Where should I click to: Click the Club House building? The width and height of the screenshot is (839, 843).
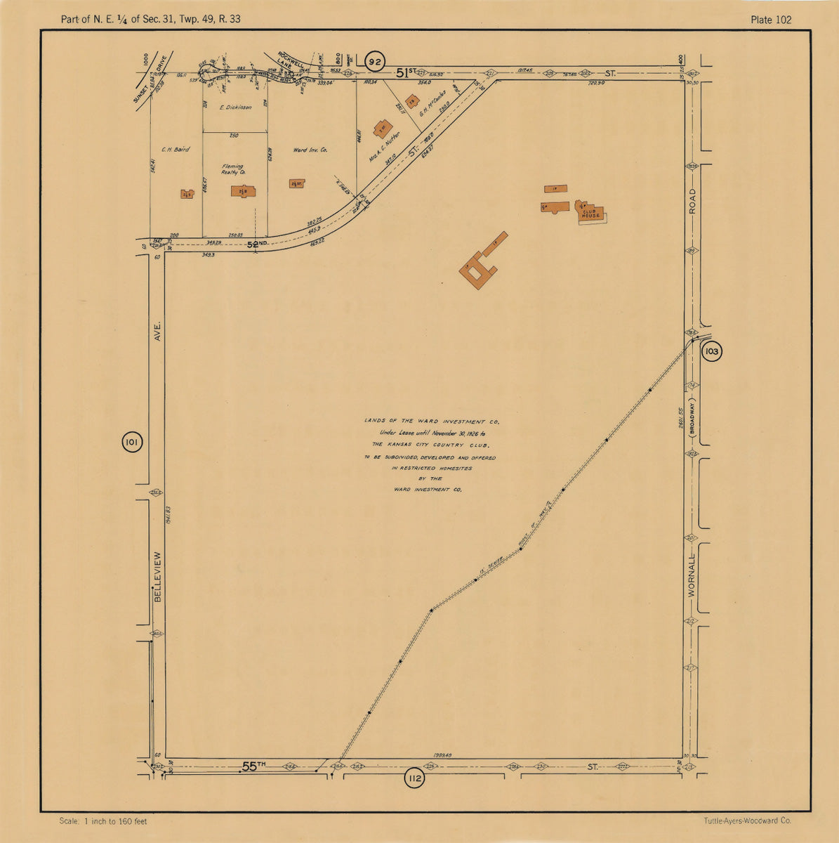pyautogui.click(x=590, y=212)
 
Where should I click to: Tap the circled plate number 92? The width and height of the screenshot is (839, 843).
pyautogui.click(x=376, y=63)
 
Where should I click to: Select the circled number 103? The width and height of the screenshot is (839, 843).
pyautogui.click(x=711, y=351)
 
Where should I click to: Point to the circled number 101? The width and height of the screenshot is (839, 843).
pyautogui.click(x=132, y=443)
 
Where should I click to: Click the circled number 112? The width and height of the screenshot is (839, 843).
pyautogui.click(x=415, y=778)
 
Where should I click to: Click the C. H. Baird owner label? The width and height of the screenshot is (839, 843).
pyautogui.click(x=175, y=149)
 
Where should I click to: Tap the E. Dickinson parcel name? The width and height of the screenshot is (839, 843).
pyautogui.click(x=235, y=107)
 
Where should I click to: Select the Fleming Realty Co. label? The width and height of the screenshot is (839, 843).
pyautogui.click(x=232, y=169)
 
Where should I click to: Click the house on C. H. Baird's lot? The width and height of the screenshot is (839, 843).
pyautogui.click(x=187, y=194)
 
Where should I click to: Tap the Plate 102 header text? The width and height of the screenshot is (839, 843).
pyautogui.click(x=770, y=19)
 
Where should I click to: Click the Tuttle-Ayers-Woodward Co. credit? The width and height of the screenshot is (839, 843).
pyautogui.click(x=747, y=821)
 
